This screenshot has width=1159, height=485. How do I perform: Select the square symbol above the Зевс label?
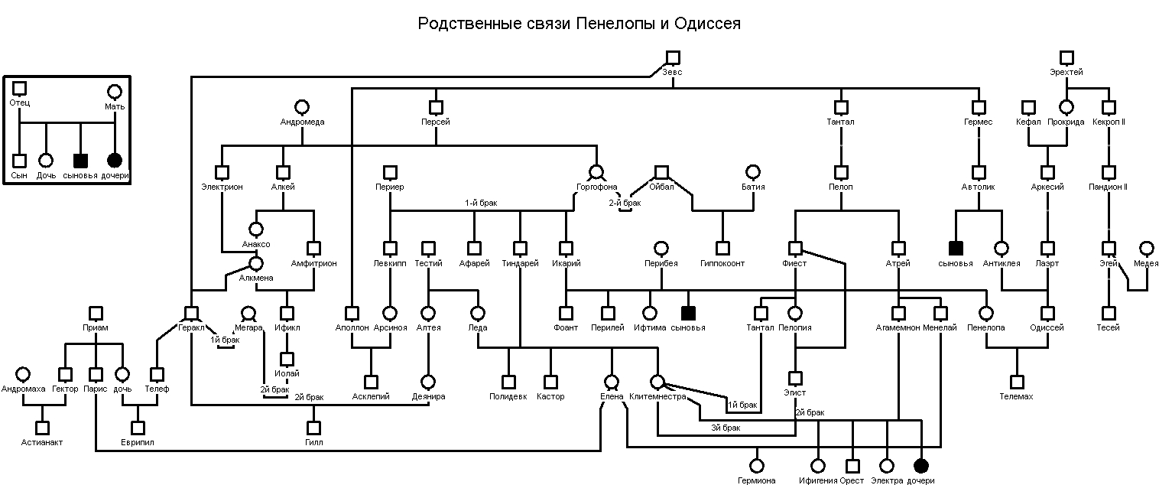(672, 57)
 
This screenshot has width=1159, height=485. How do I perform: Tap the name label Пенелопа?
(985, 327)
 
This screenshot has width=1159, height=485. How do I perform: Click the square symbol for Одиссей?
(1047, 313)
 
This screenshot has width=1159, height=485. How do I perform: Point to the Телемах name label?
(1016, 396)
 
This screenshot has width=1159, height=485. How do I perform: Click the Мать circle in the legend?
(115, 92)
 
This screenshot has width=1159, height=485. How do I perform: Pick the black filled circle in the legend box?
(115, 161)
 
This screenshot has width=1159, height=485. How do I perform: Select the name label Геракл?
(190, 327)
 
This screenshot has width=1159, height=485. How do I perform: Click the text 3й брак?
(726, 428)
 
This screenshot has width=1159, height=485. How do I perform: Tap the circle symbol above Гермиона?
(757, 465)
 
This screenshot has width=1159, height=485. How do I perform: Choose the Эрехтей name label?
(1066, 72)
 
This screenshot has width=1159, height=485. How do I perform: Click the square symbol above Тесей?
(1108, 313)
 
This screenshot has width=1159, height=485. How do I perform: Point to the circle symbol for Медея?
(1146, 249)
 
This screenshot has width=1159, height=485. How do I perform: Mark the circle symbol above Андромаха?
(23, 374)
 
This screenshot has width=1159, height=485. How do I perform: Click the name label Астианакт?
(42, 442)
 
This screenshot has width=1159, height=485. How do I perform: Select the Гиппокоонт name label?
(722, 263)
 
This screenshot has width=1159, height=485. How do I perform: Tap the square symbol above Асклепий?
(371, 382)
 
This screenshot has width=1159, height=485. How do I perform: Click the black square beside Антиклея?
(955, 248)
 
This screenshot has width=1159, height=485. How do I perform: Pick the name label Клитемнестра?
(657, 396)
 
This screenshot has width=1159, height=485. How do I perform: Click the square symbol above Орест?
(852, 465)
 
